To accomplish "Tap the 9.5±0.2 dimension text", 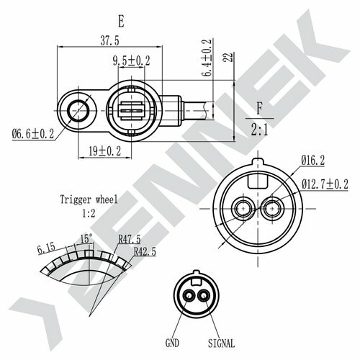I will (x=130, y=61).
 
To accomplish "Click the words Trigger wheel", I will (x=89, y=200).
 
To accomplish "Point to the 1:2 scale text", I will (x=89, y=214).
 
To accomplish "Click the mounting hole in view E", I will (x=78, y=110).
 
